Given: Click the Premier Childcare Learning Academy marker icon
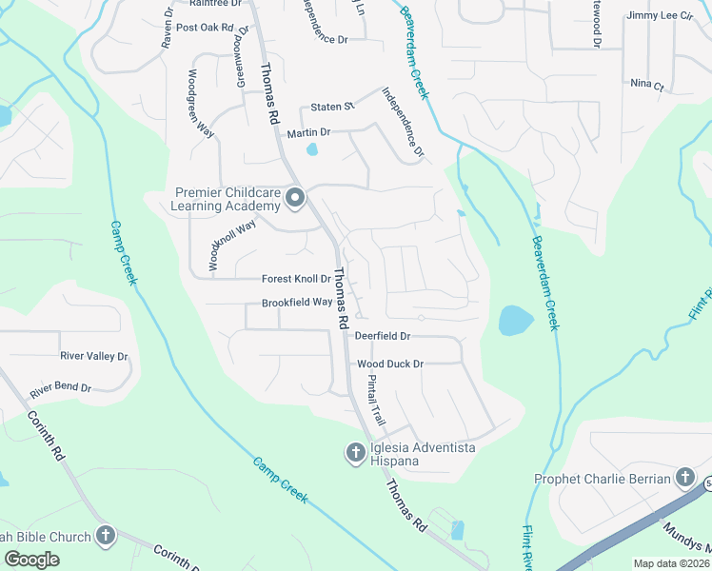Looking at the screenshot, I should tap(295, 198).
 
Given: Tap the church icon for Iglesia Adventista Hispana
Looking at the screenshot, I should tap(355, 453).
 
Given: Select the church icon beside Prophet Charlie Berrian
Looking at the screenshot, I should tap(684, 478).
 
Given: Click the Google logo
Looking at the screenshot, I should tap(31, 560).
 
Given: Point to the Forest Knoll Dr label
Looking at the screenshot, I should tap(296, 280).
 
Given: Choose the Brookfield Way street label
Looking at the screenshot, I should tap(297, 303).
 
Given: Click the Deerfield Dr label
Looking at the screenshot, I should tap(382, 336).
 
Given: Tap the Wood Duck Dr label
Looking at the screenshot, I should tap(389, 364).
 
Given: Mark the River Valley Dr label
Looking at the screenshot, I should tap(93, 356).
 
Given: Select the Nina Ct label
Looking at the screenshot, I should tap(646, 85).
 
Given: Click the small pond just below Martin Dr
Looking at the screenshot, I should tap(312, 149).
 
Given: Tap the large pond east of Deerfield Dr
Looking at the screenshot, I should tap(516, 321).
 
